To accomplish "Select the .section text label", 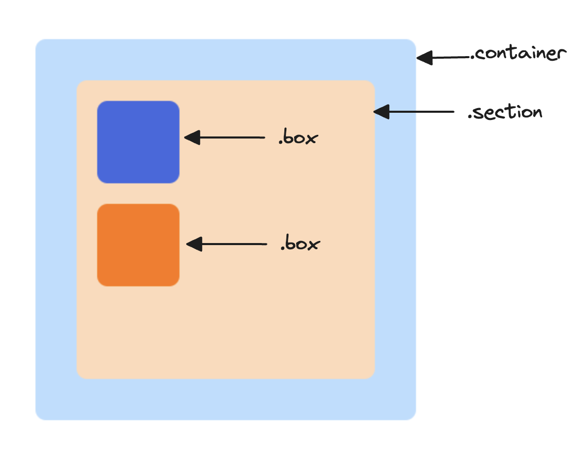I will click(505, 112).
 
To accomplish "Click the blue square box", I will click(138, 142).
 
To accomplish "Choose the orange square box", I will click(138, 245).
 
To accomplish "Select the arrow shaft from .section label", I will click(422, 112).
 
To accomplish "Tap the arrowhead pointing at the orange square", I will click(193, 244).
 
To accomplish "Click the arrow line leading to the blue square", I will click(231, 137).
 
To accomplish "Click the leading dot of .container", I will click(473, 58).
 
